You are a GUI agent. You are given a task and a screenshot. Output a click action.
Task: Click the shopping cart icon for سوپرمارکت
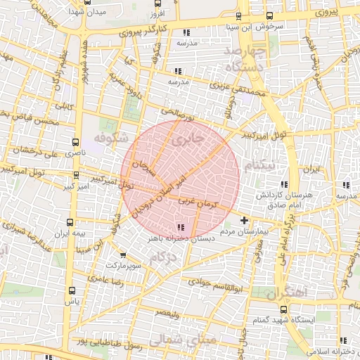click(124, 256)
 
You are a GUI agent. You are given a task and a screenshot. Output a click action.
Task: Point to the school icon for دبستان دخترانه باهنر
click(182, 227)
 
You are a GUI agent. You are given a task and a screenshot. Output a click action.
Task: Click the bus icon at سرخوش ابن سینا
click(239, 16)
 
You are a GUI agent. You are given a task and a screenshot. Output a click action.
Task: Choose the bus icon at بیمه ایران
click(72, 221)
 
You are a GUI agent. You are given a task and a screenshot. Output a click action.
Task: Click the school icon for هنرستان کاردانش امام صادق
click(345, 185)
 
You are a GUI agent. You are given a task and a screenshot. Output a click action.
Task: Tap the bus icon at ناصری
click(76, 141)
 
